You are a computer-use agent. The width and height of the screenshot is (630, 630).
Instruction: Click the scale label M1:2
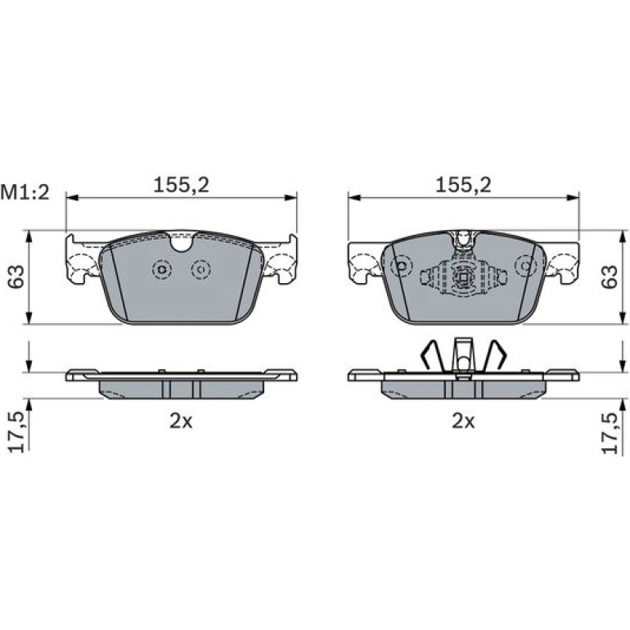(x=25, y=193)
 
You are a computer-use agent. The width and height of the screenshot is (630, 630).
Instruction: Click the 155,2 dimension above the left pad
(x=181, y=185)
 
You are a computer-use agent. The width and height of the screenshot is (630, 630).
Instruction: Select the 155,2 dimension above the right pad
(x=463, y=185)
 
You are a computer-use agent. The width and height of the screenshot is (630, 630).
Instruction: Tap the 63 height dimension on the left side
(x=16, y=277)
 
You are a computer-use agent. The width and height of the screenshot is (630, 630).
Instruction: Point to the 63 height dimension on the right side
(x=609, y=277)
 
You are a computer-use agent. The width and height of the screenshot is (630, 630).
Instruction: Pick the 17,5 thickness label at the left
(x=17, y=433)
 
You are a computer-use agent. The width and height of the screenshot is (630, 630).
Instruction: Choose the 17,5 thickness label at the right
(x=609, y=433)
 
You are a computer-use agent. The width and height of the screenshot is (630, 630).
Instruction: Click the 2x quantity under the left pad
(x=181, y=421)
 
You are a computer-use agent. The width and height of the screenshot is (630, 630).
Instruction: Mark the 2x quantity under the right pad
(x=463, y=421)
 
